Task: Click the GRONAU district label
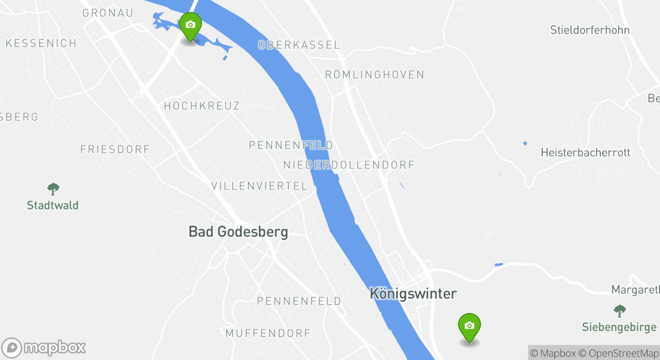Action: coord(107,13)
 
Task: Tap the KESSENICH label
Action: coord(41,43)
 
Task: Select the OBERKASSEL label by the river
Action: coord(299,45)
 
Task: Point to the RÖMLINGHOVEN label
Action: coord(374,75)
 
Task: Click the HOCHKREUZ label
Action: coord(202,106)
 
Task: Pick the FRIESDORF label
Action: coord(115,149)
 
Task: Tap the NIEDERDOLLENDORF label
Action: coord(349,165)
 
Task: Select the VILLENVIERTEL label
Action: coord(259,186)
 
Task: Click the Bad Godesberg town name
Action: coord(238,232)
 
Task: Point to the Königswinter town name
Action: coord(413,293)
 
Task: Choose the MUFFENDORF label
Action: coord(268,333)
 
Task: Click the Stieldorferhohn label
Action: coord(589,30)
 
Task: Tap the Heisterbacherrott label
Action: coord(585,152)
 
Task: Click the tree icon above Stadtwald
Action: coord(53,189)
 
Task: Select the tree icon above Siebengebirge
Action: coord(619,311)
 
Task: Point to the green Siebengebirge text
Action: coord(619,327)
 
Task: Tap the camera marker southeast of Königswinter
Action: coord(469,326)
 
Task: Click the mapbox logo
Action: coord(44,348)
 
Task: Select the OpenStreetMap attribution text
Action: coord(623,353)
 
